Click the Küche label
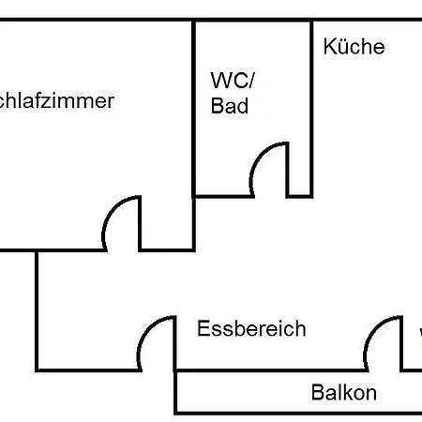pos(354,47)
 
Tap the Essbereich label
pos(251,329)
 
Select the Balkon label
pos(343,393)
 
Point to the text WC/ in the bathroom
pos(230,79)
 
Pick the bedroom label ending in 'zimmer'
pos(56,101)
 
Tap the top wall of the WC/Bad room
pos(252,21)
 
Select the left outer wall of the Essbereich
pos(38,309)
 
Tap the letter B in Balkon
pos(317,393)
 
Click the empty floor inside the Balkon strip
pos(244,393)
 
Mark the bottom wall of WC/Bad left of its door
pos(225,195)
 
